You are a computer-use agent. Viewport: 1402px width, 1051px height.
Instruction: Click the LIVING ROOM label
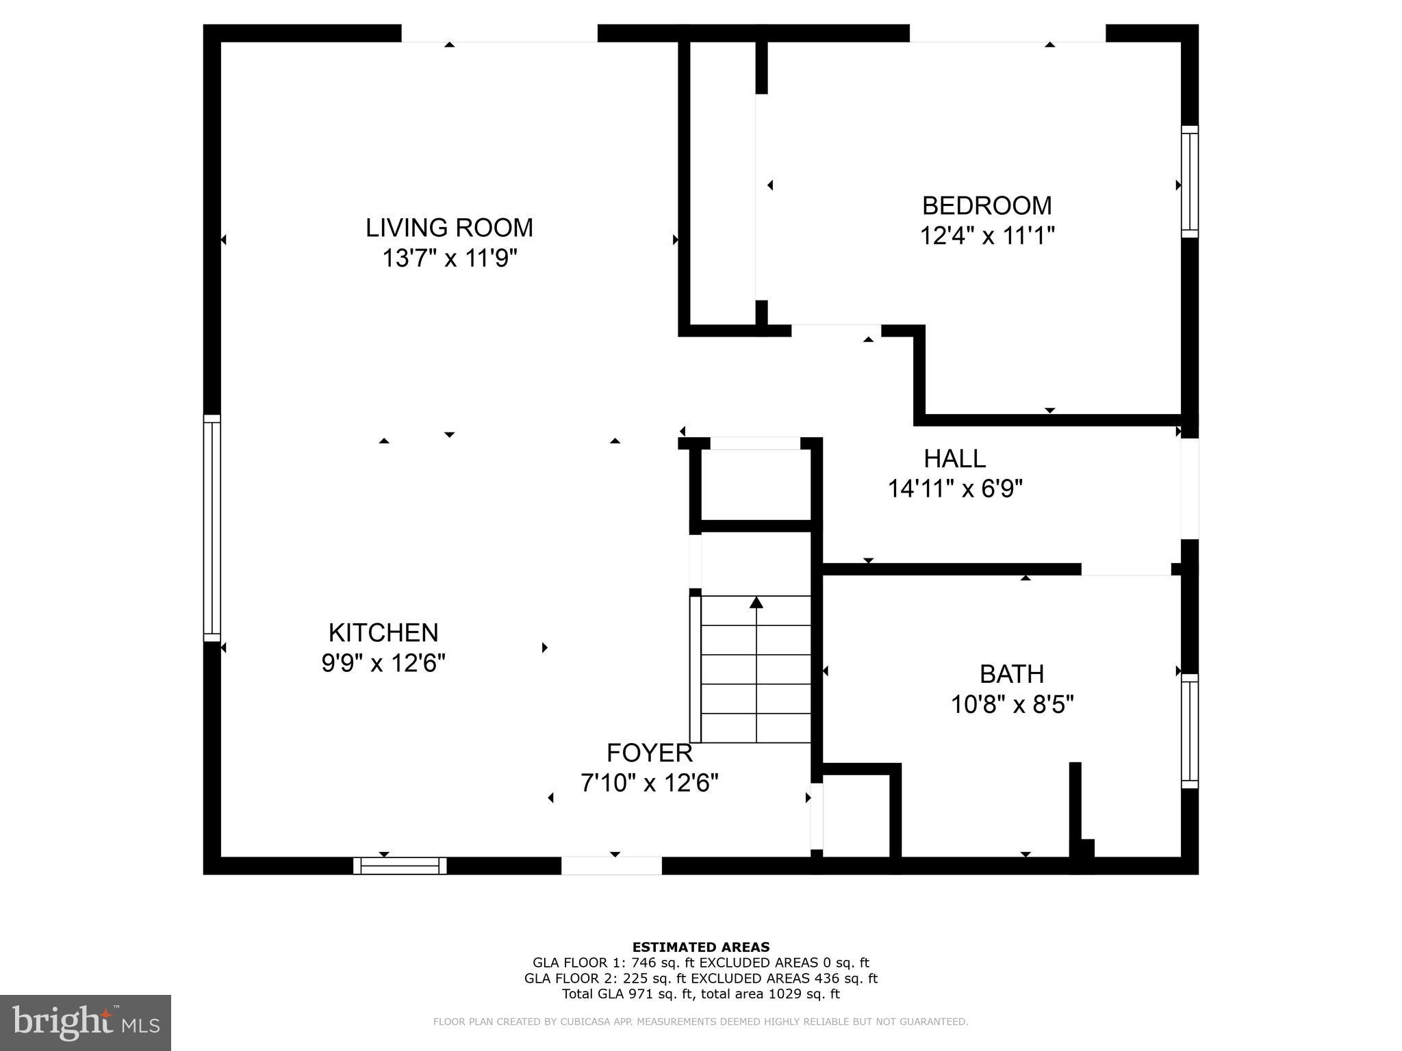pyautogui.click(x=449, y=228)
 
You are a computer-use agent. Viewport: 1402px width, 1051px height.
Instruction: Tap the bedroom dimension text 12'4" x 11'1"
pyautogui.click(x=986, y=236)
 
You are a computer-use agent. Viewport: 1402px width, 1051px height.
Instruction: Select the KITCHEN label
pyautogui.click(x=383, y=633)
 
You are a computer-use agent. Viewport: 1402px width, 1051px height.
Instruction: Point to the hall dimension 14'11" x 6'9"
pyautogui.click(x=955, y=489)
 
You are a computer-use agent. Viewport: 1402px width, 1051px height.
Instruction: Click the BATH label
pyautogui.click(x=1011, y=675)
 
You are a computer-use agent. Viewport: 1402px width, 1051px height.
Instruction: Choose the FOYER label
pyautogui.click(x=649, y=753)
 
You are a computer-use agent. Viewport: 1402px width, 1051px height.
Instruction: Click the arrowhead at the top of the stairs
pyautogui.click(x=756, y=603)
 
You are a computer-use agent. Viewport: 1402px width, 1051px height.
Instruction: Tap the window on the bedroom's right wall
pyautogui.click(x=1190, y=182)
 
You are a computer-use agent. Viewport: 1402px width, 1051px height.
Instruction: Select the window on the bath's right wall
pyautogui.click(x=1190, y=731)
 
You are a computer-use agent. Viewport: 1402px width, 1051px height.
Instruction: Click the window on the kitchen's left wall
pyautogui.click(x=212, y=528)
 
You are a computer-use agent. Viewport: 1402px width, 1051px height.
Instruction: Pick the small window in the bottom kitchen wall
pyautogui.click(x=400, y=866)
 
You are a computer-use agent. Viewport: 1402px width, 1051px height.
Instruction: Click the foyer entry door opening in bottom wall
pyautogui.click(x=611, y=866)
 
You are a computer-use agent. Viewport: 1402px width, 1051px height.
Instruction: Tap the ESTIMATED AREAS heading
pyautogui.click(x=700, y=947)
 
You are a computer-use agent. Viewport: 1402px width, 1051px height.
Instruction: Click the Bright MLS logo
pyautogui.click(x=85, y=1022)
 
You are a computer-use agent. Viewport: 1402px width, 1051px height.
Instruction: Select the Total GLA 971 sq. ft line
pyautogui.click(x=700, y=994)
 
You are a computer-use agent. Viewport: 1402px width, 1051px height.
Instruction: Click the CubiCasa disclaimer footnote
pyautogui.click(x=700, y=1022)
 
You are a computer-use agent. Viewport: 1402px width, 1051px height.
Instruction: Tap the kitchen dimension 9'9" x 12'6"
pyautogui.click(x=383, y=663)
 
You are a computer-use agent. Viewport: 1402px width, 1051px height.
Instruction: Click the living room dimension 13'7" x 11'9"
pyautogui.click(x=449, y=259)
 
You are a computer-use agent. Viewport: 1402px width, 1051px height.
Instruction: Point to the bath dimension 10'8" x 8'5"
pyautogui.click(x=1011, y=705)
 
